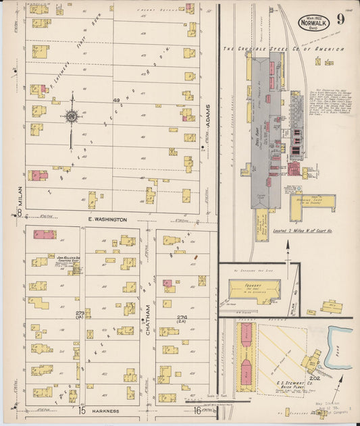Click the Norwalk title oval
tap(313, 21)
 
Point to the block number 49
tap(116, 101)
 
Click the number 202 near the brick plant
tap(314, 378)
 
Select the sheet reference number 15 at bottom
tap(81, 410)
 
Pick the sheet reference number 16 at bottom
tap(197, 410)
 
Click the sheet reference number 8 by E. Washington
tap(20, 213)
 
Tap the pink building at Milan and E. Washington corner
tap(45, 235)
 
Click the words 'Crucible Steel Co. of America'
tap(284, 49)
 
